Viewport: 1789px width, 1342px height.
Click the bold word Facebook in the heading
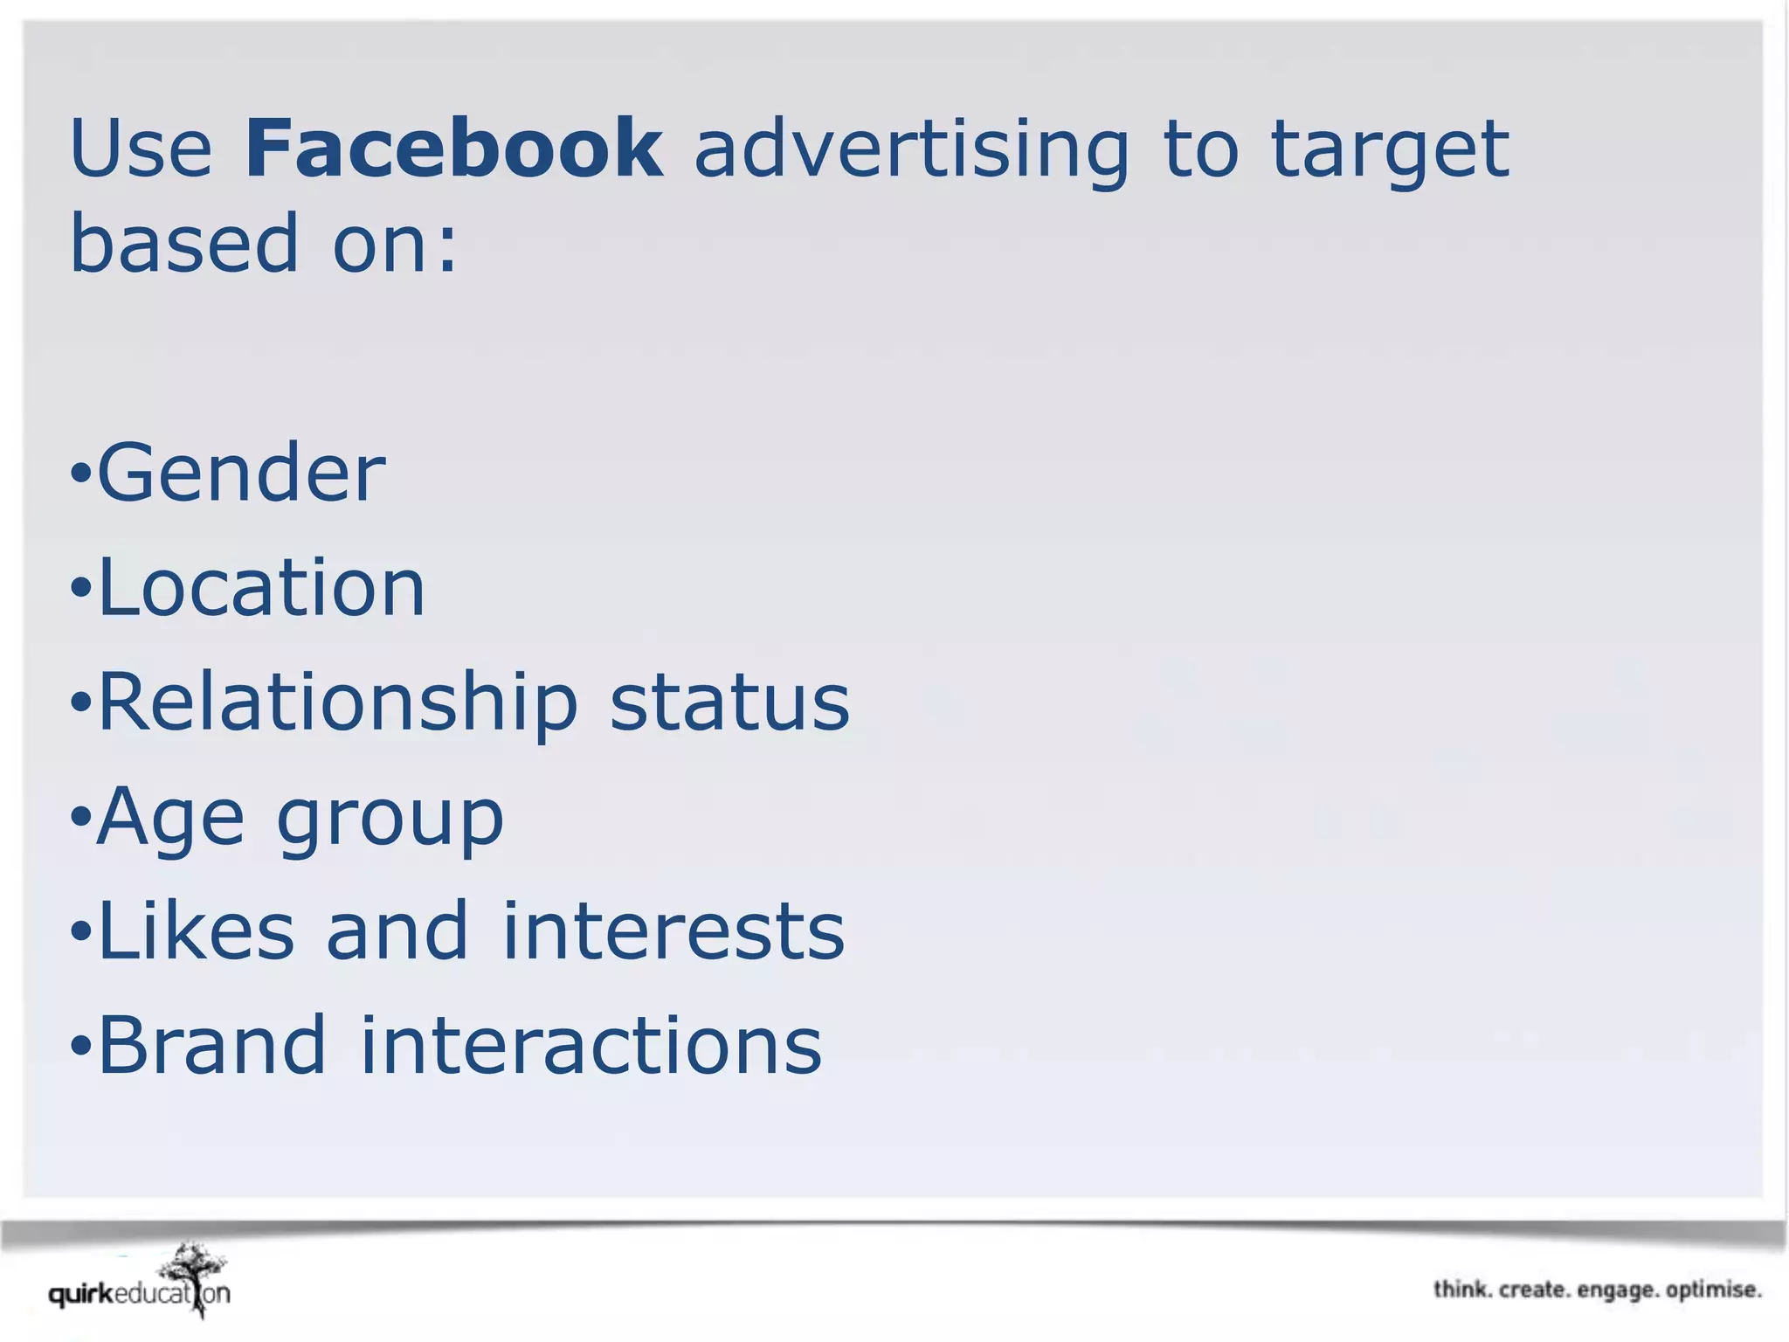tap(453, 148)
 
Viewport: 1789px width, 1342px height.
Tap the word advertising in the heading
tap(911, 150)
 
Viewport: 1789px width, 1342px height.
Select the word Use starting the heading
tap(141, 148)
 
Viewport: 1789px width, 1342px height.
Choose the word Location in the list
tap(261, 587)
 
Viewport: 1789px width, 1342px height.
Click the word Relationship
tap(338, 704)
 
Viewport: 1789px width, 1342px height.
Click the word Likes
tap(197, 931)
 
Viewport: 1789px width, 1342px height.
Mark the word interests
tap(673, 931)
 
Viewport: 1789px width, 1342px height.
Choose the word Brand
tap(212, 1045)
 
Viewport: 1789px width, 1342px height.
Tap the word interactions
tap(591, 1045)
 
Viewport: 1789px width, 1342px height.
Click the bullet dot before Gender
tap(80, 474)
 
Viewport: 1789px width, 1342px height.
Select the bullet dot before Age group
tap(80, 818)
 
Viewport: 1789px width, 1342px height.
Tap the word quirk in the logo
tap(81, 1294)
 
